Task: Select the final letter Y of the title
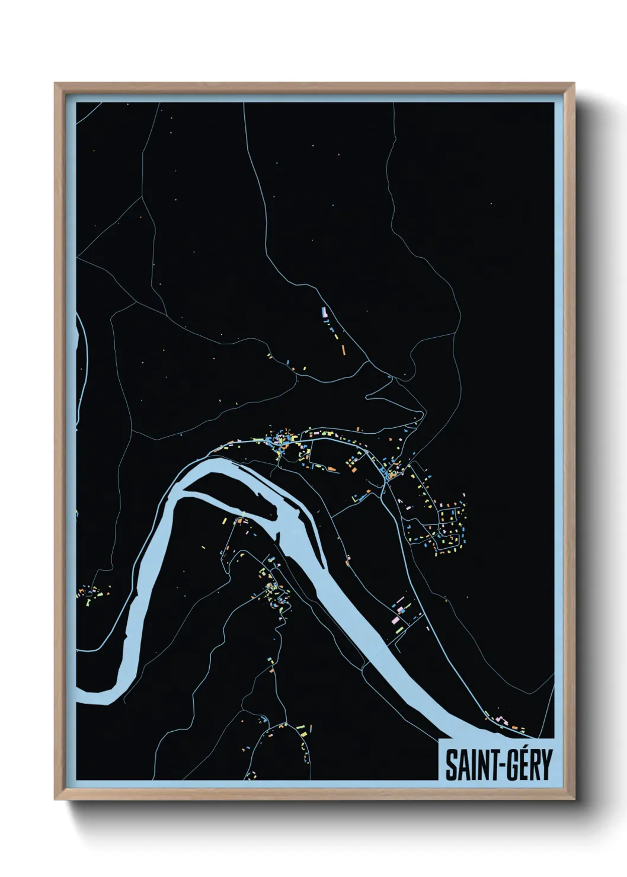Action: (545, 765)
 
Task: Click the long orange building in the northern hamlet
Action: (343, 350)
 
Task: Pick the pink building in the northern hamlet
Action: (324, 311)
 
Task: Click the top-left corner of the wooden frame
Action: (56, 84)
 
